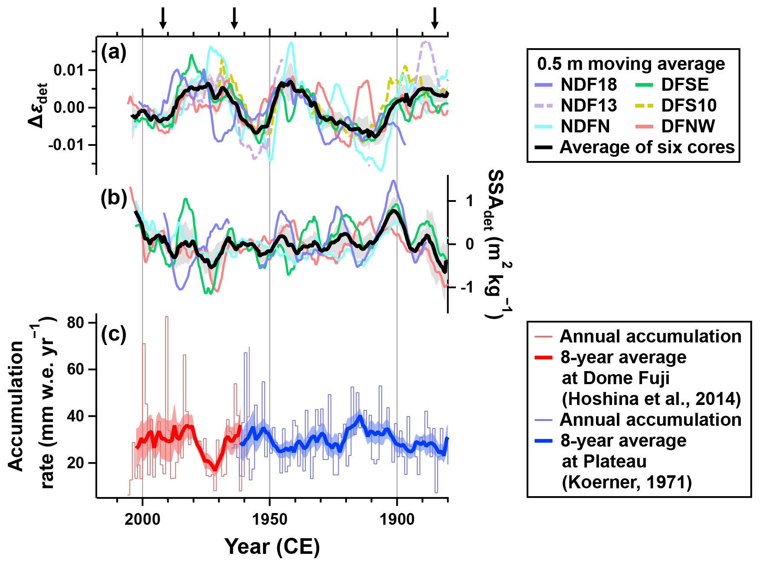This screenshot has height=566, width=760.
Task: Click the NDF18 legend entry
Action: [588, 85]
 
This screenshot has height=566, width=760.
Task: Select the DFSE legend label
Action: [685, 85]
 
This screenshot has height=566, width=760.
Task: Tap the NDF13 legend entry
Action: [588, 105]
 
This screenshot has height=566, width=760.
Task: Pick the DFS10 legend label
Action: [689, 105]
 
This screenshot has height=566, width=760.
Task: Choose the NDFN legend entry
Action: [585, 126]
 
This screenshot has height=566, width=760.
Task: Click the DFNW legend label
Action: [688, 126]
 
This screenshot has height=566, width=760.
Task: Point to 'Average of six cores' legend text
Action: [647, 147]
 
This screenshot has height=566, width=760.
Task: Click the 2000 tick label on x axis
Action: [142, 519]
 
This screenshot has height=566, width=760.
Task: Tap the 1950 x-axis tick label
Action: [269, 519]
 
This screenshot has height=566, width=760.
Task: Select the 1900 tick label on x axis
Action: [396, 519]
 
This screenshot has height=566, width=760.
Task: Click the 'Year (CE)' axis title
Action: [272, 546]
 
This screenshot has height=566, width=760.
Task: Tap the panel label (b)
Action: [114, 198]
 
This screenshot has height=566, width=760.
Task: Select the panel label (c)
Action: [114, 334]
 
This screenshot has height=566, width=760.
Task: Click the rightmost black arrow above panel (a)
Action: [434, 18]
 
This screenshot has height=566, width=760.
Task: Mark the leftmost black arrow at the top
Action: [163, 18]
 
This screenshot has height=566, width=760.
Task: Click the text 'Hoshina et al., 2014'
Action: [651, 399]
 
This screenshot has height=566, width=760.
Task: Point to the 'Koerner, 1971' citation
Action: [626, 482]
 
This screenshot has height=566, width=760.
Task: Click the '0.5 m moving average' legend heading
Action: [631, 64]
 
